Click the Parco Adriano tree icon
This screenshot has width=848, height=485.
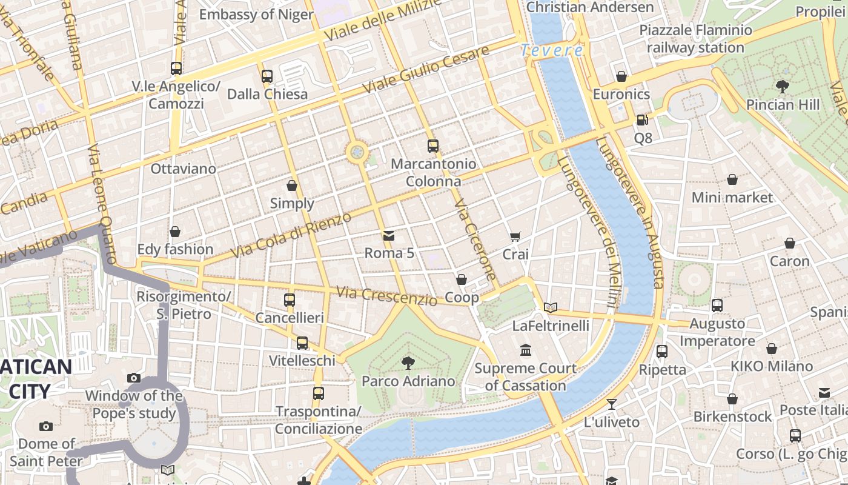pos(408,363)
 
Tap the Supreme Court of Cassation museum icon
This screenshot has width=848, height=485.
pos(525,350)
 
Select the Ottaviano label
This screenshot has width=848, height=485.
pos(183,169)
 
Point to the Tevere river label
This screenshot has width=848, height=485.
pos(552,50)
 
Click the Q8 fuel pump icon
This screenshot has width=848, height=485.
pos(642,120)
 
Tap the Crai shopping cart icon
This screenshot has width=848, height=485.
pos(515,236)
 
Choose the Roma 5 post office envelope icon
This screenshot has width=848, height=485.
pos(388,235)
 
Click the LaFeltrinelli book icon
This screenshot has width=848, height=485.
pos(550,307)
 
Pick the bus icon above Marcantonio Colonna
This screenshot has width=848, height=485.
pos(432,145)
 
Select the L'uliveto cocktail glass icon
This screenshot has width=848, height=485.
pos(612,404)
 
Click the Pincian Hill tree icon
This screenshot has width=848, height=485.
pos(783,86)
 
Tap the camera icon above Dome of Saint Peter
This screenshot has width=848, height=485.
pos(45,426)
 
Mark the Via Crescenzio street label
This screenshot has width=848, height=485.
pos(386,296)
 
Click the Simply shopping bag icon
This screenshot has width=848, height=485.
pos(292,185)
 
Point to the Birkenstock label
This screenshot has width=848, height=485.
pos(732,416)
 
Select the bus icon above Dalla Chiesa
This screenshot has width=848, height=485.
pos(267,76)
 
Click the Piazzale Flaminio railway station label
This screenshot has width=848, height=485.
pos(695,39)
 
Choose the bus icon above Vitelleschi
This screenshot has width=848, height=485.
pos(302,343)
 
